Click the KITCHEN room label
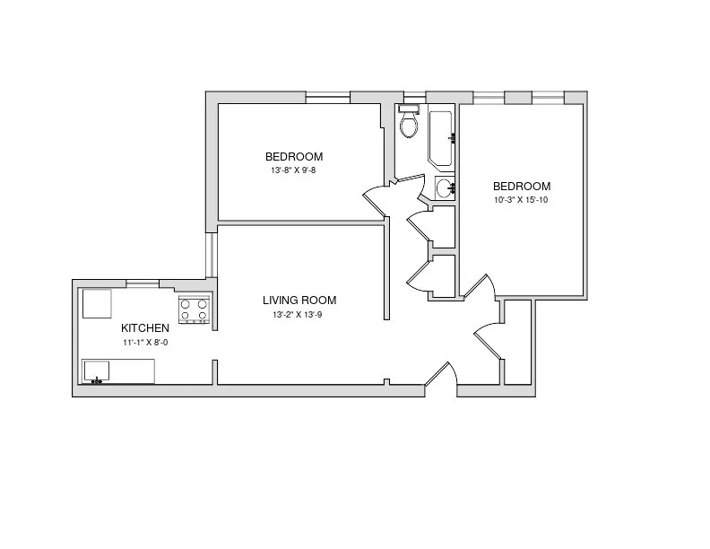click(x=144, y=328)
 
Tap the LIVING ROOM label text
click(x=299, y=301)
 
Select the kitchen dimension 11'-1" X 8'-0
click(x=144, y=343)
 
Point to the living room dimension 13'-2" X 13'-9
click(x=299, y=315)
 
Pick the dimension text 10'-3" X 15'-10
click(x=521, y=200)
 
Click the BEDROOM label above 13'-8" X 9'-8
click(x=294, y=156)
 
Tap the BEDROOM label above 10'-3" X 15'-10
click(x=521, y=186)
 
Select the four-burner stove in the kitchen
click(x=194, y=309)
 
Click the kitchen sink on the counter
click(x=96, y=370)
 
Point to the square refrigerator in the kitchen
click(x=97, y=303)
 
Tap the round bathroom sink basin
click(x=444, y=187)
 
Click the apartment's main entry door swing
click(x=441, y=377)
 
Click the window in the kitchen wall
click(x=143, y=284)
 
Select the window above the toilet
click(x=413, y=96)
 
